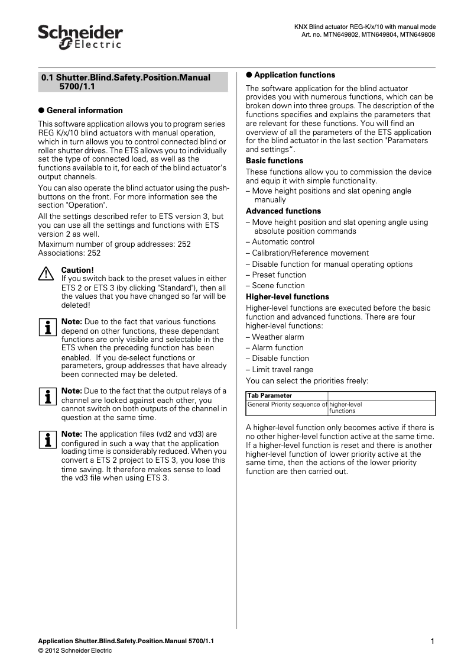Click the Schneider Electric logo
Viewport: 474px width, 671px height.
click(x=80, y=37)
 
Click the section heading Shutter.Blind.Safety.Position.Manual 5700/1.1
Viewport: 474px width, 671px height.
click(x=132, y=82)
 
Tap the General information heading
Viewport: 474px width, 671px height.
click(x=85, y=110)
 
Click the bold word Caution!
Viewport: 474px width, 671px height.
click(x=77, y=270)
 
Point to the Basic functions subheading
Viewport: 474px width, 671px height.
click(x=274, y=161)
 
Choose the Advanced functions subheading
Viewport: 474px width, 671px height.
click(x=283, y=211)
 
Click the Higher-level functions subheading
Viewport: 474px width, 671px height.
click(x=287, y=297)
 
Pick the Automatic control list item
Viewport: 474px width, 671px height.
click(x=283, y=242)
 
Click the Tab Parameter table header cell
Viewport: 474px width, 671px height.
click(x=270, y=396)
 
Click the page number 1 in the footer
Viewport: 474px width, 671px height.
click(x=433, y=641)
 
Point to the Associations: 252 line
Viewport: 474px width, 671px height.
click(x=69, y=253)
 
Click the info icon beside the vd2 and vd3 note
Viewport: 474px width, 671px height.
click(x=46, y=439)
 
